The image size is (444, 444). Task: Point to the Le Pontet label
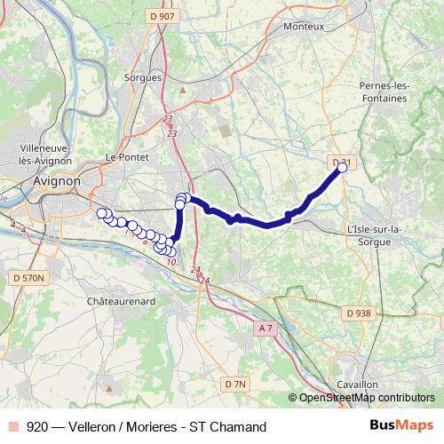click(124, 156)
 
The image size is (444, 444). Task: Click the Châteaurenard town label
click(123, 302)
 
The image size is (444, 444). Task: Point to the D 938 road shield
click(359, 313)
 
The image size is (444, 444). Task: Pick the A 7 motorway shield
click(265, 329)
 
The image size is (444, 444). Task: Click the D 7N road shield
click(234, 384)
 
